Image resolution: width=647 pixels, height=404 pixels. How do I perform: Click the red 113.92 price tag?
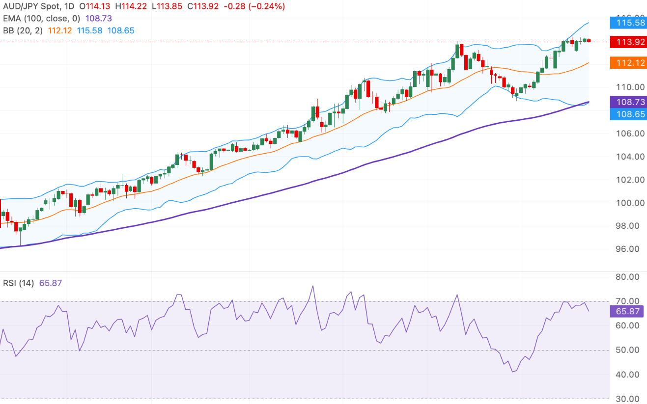click(x=627, y=42)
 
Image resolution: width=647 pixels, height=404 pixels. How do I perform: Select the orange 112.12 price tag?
click(x=627, y=62)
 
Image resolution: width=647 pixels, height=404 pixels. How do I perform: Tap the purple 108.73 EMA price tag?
click(x=627, y=102)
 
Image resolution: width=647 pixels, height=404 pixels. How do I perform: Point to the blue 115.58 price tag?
click(x=627, y=23)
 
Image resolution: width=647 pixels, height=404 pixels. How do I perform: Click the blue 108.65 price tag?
click(x=627, y=114)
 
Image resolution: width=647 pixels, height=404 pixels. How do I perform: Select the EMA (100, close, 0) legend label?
click(x=41, y=18)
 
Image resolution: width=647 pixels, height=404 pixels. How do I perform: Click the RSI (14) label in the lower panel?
click(x=18, y=283)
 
